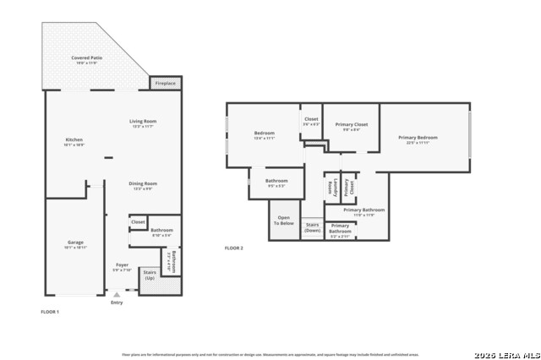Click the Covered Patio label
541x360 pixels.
coord(85,60)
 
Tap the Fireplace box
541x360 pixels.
coord(166,83)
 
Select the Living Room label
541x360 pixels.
coord(143,123)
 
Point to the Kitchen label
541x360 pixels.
coord(74,142)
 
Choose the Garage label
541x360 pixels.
coord(75,245)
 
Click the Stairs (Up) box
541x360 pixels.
coord(150,275)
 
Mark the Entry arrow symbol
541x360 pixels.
coord(117,294)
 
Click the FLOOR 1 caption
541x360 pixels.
coord(50,312)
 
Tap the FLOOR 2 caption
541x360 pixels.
coord(233,248)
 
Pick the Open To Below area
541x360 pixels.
coord(283,221)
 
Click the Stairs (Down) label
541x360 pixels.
coord(312,226)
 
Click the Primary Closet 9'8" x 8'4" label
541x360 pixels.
coord(351,127)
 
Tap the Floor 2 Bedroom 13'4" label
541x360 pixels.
coord(265,135)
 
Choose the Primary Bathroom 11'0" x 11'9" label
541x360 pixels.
coord(364,211)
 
